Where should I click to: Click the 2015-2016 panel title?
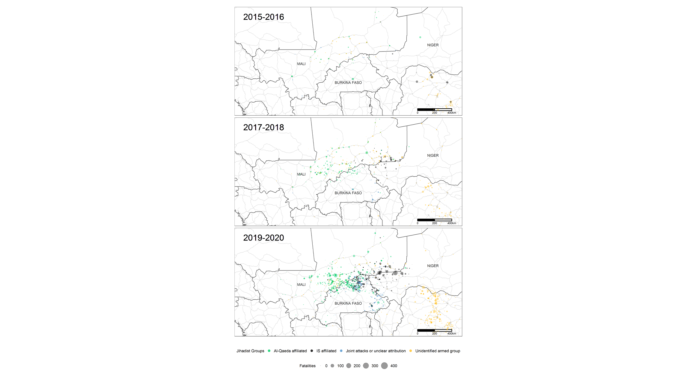point(263,17)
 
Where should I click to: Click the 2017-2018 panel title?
point(263,127)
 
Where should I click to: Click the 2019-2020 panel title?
point(263,238)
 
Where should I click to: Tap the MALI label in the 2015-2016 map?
point(301,64)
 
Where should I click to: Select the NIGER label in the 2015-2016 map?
point(433,45)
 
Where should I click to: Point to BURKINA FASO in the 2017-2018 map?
point(348,193)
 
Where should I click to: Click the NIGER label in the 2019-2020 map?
point(433,266)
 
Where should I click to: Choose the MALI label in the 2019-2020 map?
point(301,284)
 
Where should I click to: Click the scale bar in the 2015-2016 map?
point(434,109)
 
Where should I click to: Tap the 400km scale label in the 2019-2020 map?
point(451,333)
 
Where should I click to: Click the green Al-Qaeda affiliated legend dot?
point(269,351)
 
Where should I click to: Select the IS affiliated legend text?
point(326,351)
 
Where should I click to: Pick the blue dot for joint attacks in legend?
point(341,351)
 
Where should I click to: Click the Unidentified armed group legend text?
point(437,351)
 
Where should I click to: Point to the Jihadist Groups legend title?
point(250,351)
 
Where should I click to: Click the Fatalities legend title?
point(307,366)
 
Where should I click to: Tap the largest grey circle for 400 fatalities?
point(384,366)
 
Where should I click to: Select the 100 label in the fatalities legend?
point(340,366)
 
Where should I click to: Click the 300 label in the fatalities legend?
point(375,366)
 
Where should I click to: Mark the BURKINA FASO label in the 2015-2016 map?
point(348,83)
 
